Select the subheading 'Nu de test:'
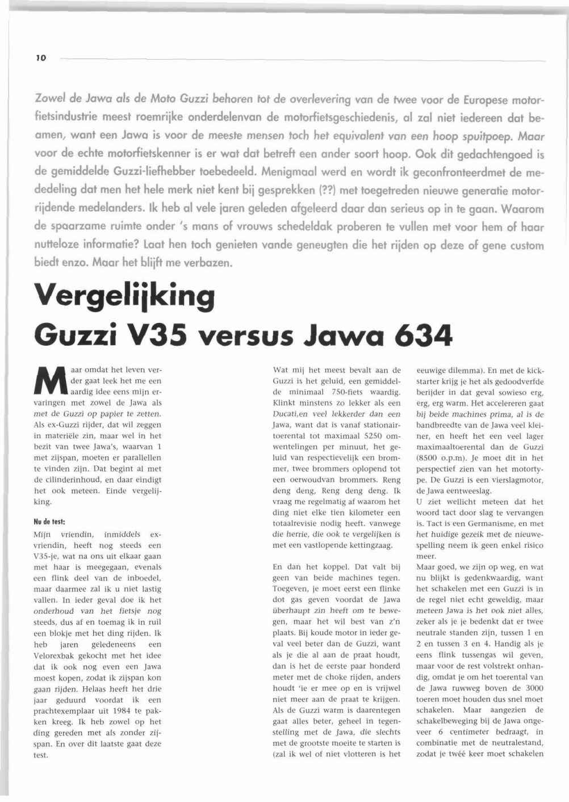click(x=50, y=520)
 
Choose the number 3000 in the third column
click(x=532, y=687)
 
